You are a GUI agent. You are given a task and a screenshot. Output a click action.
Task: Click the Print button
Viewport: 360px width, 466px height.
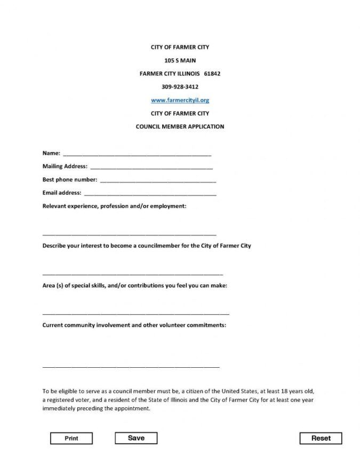tap(71, 438)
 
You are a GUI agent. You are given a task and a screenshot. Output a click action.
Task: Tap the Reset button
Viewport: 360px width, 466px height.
tap(321, 438)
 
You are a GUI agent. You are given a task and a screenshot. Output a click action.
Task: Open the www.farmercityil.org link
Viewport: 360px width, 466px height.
tap(180, 100)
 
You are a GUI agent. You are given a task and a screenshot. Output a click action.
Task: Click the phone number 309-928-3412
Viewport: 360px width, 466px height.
tap(180, 86)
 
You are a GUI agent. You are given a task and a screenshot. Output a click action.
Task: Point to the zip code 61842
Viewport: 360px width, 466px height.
tap(212, 74)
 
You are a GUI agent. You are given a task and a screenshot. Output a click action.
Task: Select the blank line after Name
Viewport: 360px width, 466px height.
tap(137, 155)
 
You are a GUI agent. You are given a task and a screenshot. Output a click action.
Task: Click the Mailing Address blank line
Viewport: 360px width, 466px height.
tap(151, 168)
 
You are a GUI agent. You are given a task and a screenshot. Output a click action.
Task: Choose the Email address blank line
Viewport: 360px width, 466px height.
tap(150, 194)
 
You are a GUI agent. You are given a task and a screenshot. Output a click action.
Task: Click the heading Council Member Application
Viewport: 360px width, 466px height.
tap(180, 127)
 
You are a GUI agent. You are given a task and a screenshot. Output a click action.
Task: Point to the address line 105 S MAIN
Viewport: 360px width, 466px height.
tap(180, 60)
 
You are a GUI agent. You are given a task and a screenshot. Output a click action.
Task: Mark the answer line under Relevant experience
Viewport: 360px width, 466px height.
tap(129, 235)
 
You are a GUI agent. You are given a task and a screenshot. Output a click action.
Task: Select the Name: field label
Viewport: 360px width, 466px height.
tap(51, 153)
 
